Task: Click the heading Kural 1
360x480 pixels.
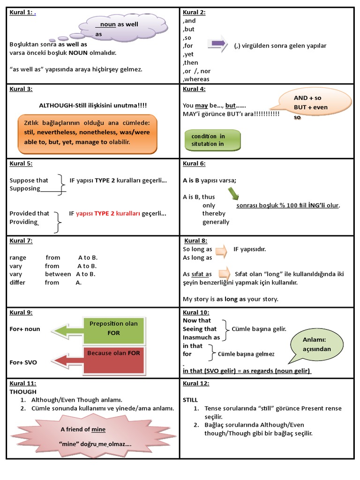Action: [x=21, y=13]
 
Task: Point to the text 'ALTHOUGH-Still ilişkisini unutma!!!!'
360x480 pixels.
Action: [x=93, y=106]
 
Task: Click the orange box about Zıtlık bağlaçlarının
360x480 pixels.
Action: [x=88, y=134]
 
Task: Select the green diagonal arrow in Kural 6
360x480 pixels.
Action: [x=233, y=194]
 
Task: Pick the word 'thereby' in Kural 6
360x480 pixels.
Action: [x=214, y=213]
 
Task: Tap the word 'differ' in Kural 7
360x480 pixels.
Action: [x=17, y=283]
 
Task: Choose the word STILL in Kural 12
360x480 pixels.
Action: [x=190, y=400]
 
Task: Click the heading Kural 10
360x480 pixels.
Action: [x=195, y=313]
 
